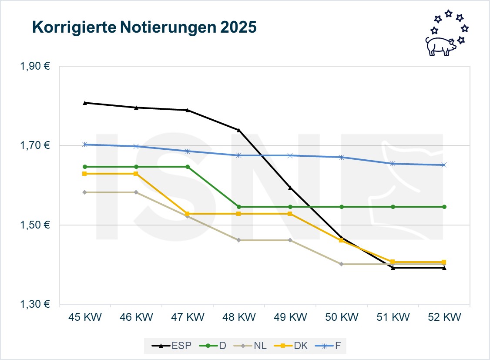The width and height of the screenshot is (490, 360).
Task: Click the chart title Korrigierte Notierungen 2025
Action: coord(144,27)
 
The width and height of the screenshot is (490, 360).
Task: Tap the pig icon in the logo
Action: coord(440,45)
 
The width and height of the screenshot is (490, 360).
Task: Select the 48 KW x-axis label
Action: coord(238,317)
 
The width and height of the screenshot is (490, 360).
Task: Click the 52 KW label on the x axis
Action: coord(444,317)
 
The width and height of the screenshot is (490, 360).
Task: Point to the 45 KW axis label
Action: coord(85,317)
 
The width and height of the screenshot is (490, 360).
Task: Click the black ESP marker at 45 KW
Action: coord(85,103)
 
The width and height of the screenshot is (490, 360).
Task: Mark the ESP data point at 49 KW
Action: coord(290,188)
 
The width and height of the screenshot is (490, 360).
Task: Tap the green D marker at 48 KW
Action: coord(238,207)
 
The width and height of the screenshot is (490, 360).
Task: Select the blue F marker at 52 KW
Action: coord(444,165)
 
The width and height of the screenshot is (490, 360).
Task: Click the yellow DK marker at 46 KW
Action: coord(136,174)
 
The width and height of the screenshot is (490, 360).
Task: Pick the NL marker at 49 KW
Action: coord(290,240)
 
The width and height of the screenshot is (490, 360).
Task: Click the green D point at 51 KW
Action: coord(393,207)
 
